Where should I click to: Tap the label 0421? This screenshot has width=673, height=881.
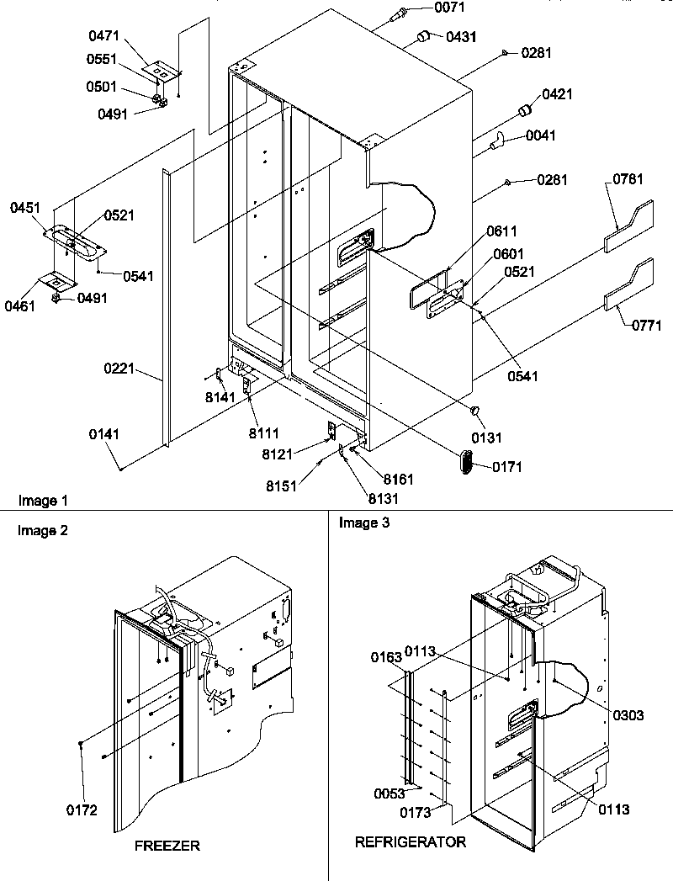click(557, 94)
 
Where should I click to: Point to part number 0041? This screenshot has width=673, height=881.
click(540, 135)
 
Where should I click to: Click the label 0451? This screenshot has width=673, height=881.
click(27, 208)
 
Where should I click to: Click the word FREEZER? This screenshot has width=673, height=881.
click(167, 846)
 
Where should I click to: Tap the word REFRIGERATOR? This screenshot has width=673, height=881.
click(410, 841)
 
